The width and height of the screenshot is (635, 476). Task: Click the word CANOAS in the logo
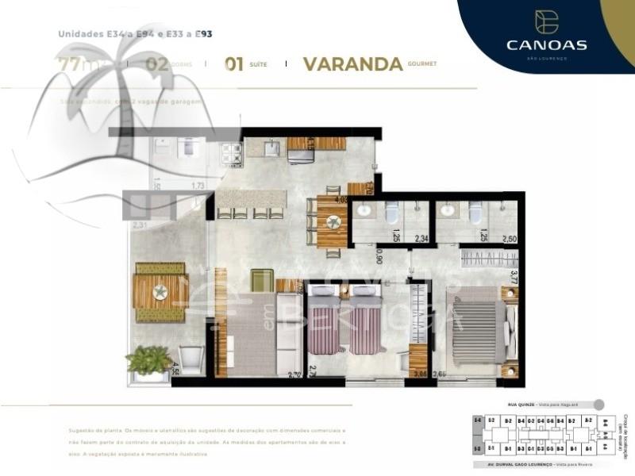(x=546, y=44)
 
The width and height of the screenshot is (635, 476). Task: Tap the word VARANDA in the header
(x=352, y=64)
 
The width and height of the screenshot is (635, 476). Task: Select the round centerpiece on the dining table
(x=333, y=223)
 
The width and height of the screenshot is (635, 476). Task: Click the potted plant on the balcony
(x=148, y=362)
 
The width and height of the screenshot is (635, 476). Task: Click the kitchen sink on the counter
(x=271, y=148)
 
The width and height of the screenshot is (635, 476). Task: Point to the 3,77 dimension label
(x=514, y=278)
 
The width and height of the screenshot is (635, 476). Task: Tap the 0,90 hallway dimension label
(x=379, y=256)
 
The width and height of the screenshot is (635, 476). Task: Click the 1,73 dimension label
(x=198, y=186)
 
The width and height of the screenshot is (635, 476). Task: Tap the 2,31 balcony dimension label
(x=140, y=226)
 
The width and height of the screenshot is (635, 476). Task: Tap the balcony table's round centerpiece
(x=160, y=292)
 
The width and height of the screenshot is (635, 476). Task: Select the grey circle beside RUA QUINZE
(x=598, y=404)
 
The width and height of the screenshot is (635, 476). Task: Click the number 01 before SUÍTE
(x=233, y=64)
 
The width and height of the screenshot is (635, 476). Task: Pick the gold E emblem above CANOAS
(x=546, y=21)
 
